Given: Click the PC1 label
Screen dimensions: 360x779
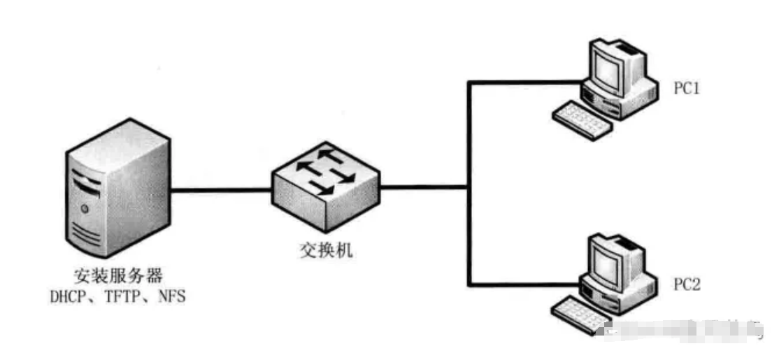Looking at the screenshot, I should click(x=687, y=90).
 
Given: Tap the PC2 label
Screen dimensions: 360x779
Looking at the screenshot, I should click(x=687, y=285).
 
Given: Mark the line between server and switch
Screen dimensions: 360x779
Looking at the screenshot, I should click(x=220, y=189).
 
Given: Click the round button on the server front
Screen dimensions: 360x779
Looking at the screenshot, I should click(x=85, y=208).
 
